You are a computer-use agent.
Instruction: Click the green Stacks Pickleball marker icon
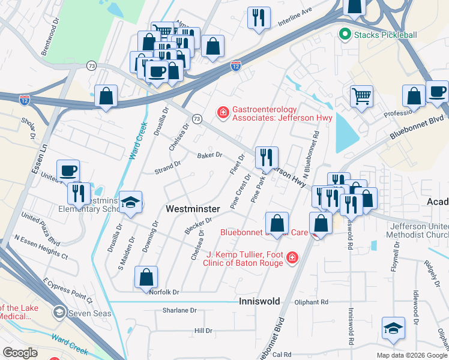pos(345,35)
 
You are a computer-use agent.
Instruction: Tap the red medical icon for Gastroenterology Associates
pos(223,112)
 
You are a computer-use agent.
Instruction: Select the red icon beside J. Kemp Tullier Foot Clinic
pos(292,258)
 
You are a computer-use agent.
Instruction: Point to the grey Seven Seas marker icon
pos(59,311)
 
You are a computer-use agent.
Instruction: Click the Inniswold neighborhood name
pos(259,301)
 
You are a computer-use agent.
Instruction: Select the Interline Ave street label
pos(295,19)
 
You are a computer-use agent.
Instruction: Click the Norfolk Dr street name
pos(164,292)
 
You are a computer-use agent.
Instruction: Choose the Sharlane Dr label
pos(179,311)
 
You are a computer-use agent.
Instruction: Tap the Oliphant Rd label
pos(312,302)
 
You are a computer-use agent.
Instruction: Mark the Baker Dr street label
pos(209,155)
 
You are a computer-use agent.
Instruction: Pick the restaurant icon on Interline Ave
pos(259,17)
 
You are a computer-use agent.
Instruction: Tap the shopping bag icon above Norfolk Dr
pos(146,278)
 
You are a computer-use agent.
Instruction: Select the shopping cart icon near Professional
pos(361,96)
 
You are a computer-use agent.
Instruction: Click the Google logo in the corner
pos(20,353)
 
